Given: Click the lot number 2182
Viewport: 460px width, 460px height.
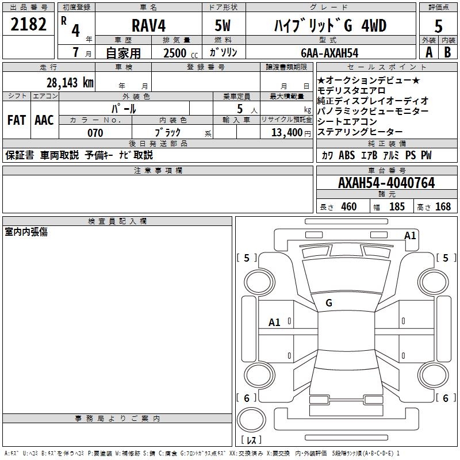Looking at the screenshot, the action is [29, 25].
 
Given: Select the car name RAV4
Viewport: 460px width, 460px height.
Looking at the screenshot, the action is [147, 26].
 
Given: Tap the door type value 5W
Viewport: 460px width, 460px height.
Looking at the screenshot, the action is [224, 26].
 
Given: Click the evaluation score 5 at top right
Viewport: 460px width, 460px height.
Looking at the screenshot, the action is [439, 26].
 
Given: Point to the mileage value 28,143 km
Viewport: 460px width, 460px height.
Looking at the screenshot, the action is [70, 82].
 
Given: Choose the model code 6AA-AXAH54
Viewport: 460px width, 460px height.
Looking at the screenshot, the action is [329, 52].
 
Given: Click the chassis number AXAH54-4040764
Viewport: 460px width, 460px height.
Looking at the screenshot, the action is [386, 183].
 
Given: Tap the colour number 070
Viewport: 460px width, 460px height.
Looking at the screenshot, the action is [95, 133].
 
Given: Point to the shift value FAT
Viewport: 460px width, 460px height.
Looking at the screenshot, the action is [16, 120].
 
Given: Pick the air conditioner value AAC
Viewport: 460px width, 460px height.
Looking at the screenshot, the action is [44, 120].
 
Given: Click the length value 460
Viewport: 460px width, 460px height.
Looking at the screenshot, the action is [348, 206].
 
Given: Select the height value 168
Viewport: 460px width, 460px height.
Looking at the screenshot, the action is [443, 206].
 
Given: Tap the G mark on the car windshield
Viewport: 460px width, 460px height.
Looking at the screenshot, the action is [329, 302].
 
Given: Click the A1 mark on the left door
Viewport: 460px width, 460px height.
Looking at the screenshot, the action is [275, 323].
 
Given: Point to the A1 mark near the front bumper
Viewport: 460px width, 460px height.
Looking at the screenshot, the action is [410, 235].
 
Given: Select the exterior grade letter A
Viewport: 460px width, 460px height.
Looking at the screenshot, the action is [428, 52].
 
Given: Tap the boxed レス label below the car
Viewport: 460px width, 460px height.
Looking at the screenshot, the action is [251, 440].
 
